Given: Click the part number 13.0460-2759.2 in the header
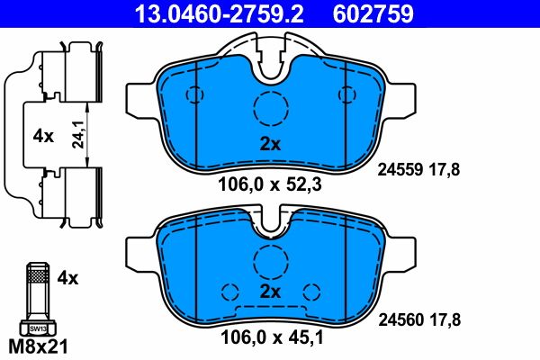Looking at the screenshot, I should click(x=206, y=14).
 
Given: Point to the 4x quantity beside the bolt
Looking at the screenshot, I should click(x=68, y=279).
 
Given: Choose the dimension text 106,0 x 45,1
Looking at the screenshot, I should click(x=269, y=339).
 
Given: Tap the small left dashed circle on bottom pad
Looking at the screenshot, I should click(x=229, y=291).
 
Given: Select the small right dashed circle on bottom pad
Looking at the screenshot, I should click(x=313, y=291).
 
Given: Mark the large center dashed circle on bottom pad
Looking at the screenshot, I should click(x=269, y=261).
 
